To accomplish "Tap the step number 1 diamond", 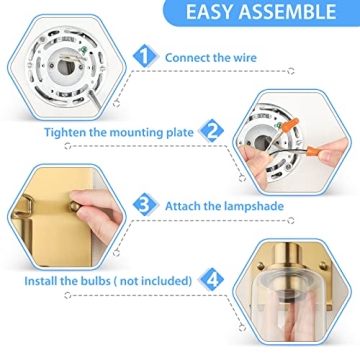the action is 145,57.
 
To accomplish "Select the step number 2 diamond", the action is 211,131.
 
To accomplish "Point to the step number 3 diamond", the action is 145,205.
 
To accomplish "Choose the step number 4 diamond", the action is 211,280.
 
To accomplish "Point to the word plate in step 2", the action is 180,133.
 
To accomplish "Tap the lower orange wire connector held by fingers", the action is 315,153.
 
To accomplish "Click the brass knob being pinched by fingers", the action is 75,207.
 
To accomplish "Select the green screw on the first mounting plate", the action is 82,49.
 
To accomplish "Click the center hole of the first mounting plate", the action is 62,67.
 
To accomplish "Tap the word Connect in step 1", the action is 187,58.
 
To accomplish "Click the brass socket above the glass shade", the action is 291,254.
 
